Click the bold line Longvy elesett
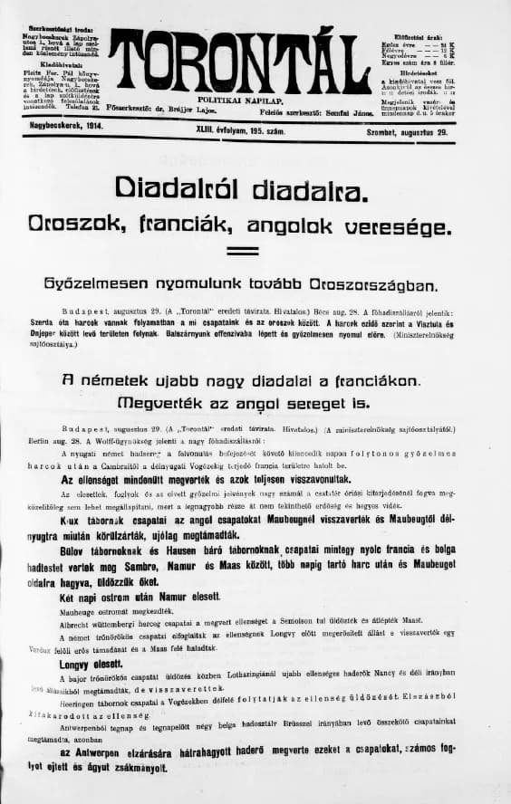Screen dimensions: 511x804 pos(85,665)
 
